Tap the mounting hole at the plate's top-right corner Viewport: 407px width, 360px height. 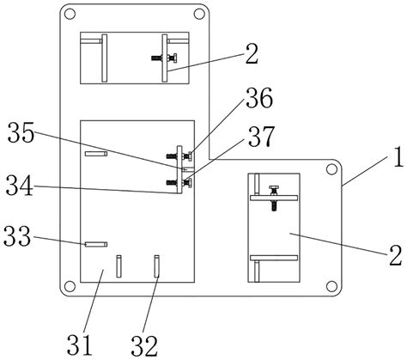199,14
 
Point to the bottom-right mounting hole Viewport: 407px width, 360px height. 331,284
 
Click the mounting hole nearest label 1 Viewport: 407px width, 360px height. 331,169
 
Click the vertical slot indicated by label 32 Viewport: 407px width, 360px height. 157,265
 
